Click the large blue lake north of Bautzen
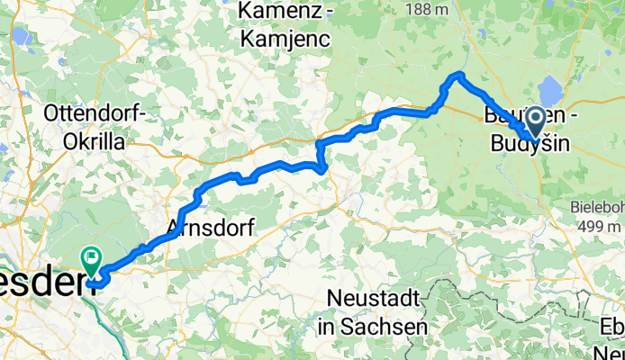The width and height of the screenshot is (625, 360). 548,93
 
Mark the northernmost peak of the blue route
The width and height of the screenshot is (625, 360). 460,74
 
